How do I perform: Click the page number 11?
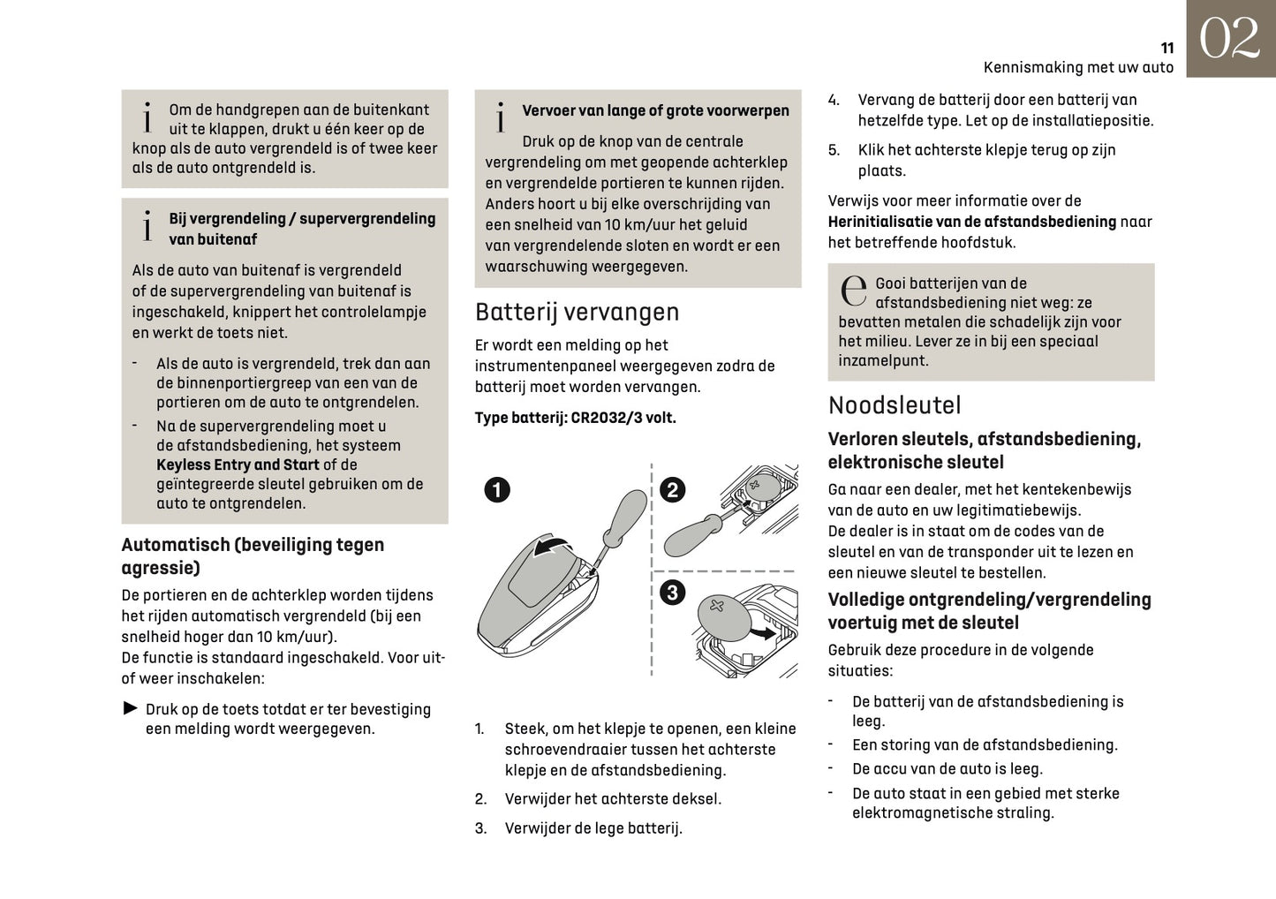click(x=1167, y=49)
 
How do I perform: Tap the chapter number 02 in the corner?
click(x=1229, y=40)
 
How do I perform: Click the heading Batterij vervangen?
click(x=577, y=312)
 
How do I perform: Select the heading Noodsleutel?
click(x=894, y=405)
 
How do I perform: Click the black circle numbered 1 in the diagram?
click(x=497, y=490)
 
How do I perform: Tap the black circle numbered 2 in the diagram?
click(x=673, y=490)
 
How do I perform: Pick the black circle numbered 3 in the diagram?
click(x=672, y=592)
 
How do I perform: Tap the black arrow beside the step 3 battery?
click(x=762, y=632)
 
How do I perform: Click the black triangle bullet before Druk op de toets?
click(x=130, y=708)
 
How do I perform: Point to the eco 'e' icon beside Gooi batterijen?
click(x=853, y=291)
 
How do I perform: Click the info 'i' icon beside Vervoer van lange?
click(x=501, y=117)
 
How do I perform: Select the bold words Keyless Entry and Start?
click(x=238, y=465)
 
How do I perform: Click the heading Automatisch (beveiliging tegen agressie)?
click(x=253, y=555)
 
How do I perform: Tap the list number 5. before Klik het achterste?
click(x=834, y=150)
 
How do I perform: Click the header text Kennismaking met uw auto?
click(x=1078, y=68)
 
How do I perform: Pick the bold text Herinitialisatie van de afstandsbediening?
click(x=971, y=222)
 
